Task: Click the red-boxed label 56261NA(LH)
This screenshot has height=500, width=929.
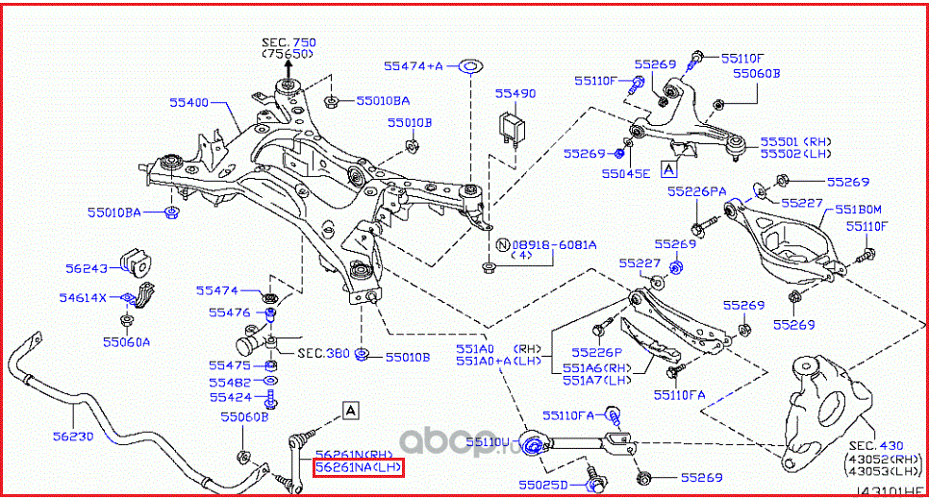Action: pyautogui.click(x=359, y=467)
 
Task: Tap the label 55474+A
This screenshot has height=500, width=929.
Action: pyautogui.click(x=414, y=66)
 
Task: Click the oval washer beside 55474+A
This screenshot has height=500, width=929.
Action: pyautogui.click(x=469, y=66)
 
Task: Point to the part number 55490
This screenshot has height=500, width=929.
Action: pyautogui.click(x=515, y=93)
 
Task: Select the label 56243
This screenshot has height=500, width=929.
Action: pyautogui.click(x=88, y=269)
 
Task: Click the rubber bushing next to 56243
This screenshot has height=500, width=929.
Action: pyautogui.click(x=137, y=260)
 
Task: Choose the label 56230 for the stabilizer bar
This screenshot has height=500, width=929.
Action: pyautogui.click(x=73, y=436)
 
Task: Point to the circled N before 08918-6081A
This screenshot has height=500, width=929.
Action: pyautogui.click(x=490, y=244)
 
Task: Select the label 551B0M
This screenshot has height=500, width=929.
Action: pyautogui.click(x=858, y=208)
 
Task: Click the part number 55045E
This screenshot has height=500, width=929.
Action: pyautogui.click(x=626, y=173)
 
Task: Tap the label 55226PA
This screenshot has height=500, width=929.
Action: pyautogui.click(x=697, y=191)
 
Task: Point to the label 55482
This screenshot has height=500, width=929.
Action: pyautogui.click(x=230, y=382)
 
